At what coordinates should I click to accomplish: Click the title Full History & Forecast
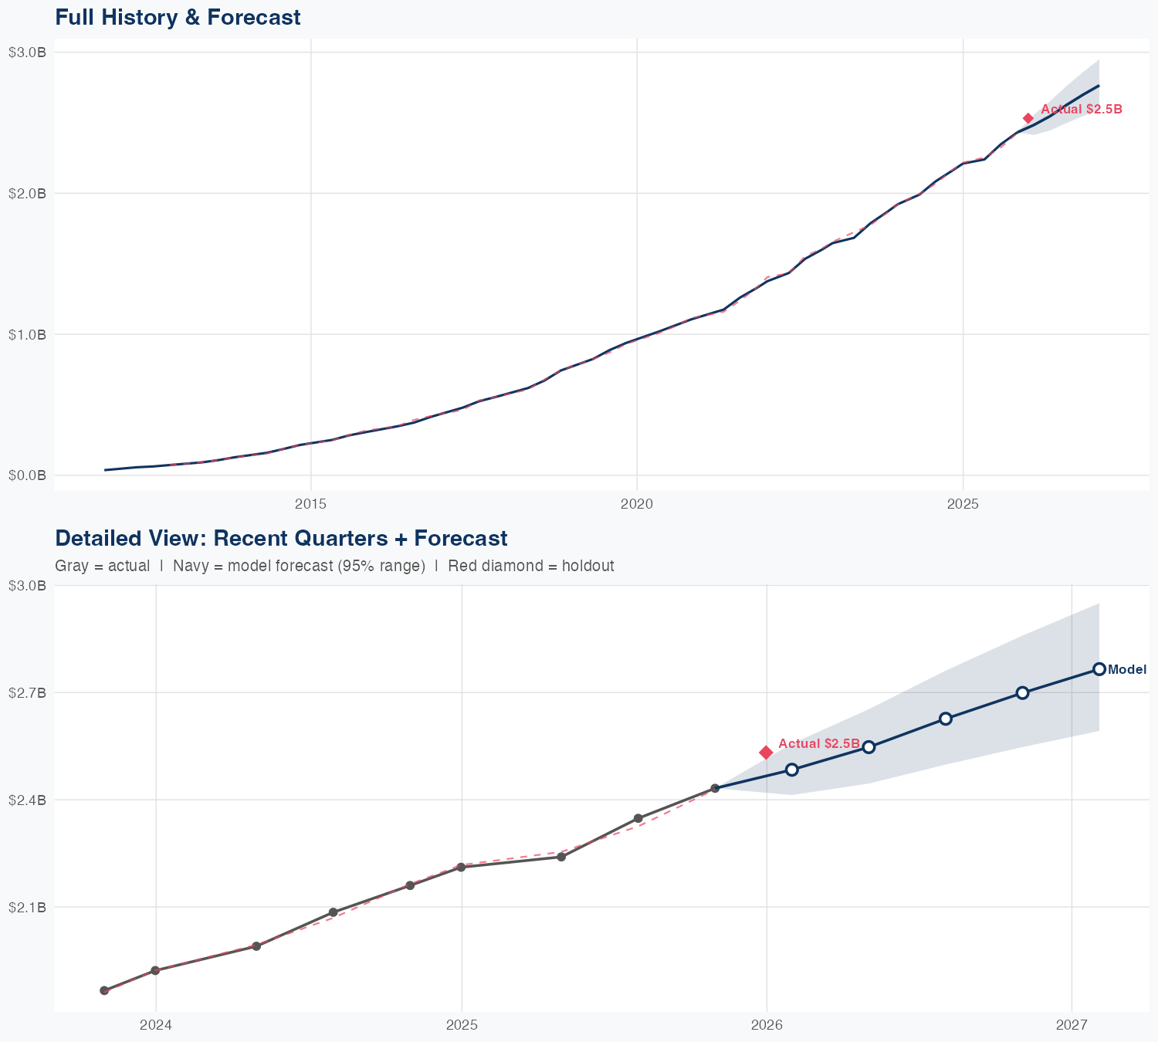tap(178, 17)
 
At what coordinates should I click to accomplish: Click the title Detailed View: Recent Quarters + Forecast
tap(281, 538)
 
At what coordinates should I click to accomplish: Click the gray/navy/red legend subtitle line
tap(334, 566)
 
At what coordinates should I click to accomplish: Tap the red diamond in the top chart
tap(1028, 118)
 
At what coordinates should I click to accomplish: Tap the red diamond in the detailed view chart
tap(766, 753)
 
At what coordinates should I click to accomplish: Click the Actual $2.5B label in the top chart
tap(1081, 110)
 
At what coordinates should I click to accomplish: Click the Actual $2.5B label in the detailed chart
tap(818, 743)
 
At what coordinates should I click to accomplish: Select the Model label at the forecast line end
tap(1126, 670)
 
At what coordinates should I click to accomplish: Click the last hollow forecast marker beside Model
tap(1099, 669)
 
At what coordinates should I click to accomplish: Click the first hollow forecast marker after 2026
tap(791, 770)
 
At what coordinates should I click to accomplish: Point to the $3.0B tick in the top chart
tap(27, 52)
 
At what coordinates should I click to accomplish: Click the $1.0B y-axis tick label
tap(27, 334)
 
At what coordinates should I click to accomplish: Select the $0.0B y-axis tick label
tap(27, 475)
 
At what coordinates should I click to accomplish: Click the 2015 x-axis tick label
tap(311, 504)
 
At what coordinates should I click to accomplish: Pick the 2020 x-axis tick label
tap(637, 504)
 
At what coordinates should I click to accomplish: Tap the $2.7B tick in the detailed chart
tap(27, 692)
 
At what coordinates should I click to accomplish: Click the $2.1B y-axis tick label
tap(27, 907)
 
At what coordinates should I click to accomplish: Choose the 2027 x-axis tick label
tap(1072, 1025)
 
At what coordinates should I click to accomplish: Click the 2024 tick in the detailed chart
tap(156, 1025)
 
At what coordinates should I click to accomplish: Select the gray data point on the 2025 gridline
tap(461, 868)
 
